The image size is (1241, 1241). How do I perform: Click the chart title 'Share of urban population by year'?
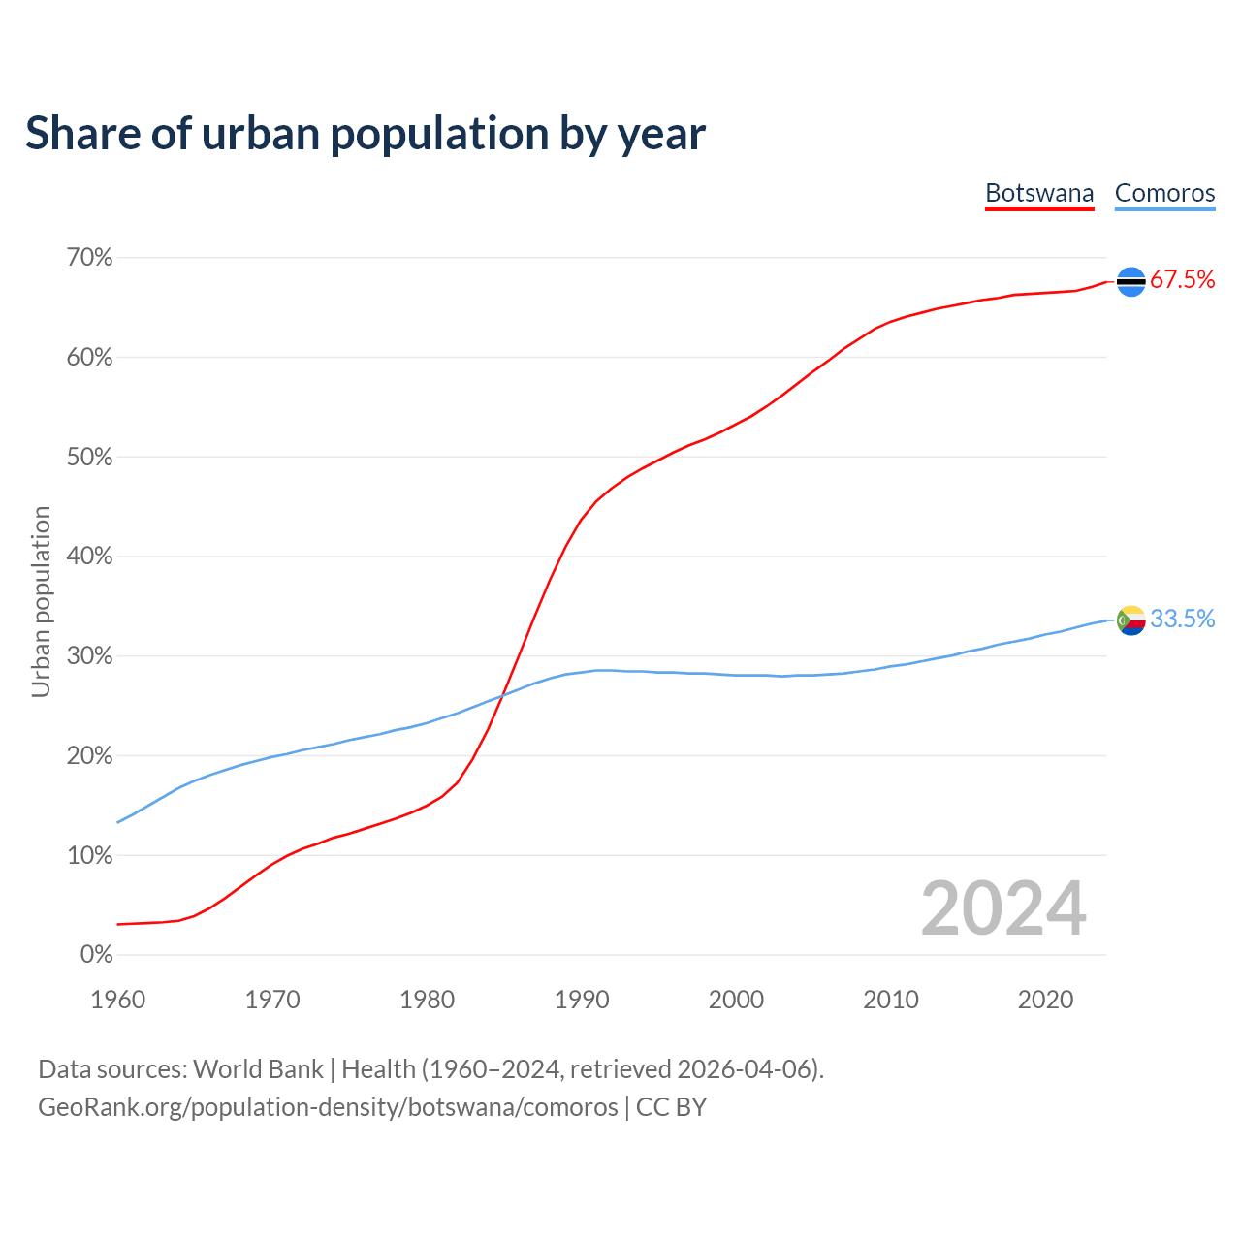click(366, 134)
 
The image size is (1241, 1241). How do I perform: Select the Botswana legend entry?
click(1039, 193)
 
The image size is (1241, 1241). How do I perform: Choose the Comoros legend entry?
click(1164, 193)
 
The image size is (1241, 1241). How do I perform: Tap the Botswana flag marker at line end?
click(1130, 281)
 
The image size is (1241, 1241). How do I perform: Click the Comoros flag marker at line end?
click(1130, 620)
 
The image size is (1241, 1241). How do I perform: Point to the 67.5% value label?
click(1182, 280)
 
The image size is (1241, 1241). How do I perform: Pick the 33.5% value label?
click(1182, 620)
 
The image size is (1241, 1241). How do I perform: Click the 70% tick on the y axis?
click(90, 258)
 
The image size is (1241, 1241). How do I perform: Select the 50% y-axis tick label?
click(90, 458)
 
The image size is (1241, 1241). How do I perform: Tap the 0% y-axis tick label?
click(97, 955)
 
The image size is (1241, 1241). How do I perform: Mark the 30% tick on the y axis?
click(90, 656)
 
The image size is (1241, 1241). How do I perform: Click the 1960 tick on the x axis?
click(117, 1000)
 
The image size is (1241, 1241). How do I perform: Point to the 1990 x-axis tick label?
click(582, 1000)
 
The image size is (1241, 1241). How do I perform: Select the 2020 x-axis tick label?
click(1045, 1000)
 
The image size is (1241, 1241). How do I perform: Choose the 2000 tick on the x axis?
click(736, 1000)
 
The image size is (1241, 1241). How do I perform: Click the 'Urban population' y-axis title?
click(41, 601)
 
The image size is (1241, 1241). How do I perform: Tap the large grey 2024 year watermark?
click(1003, 908)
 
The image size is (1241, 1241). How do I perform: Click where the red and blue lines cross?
click(503, 693)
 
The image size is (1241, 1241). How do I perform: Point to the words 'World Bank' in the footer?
click(258, 1069)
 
